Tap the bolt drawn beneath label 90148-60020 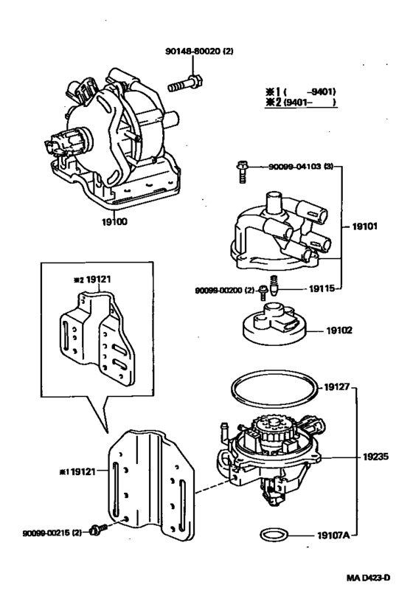pos(185,83)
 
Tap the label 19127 pos(339,384)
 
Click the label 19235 pos(373,457)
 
